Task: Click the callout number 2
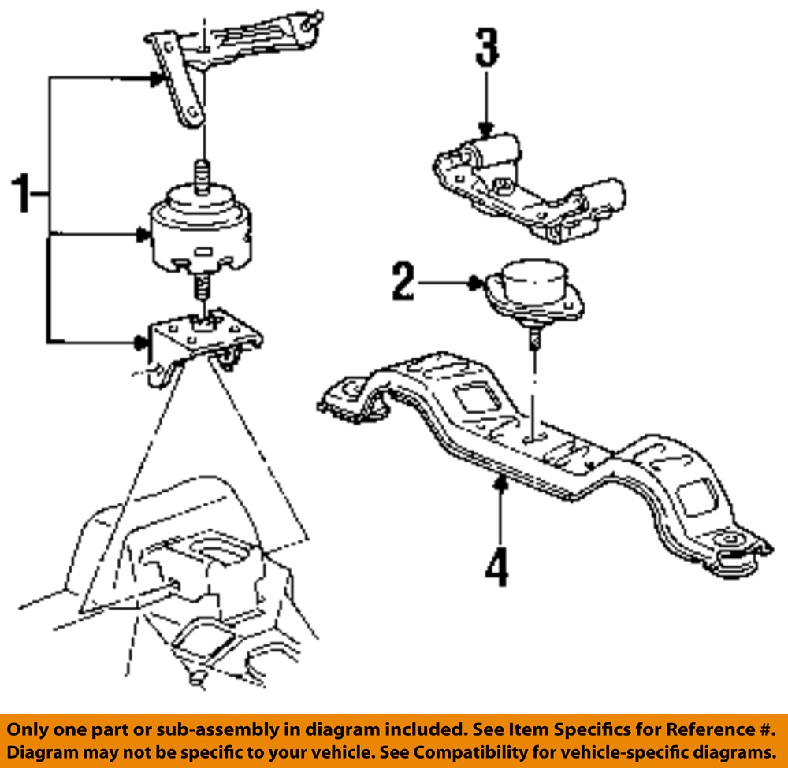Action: (x=403, y=281)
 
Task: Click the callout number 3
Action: (x=486, y=47)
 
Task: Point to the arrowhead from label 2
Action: (x=474, y=282)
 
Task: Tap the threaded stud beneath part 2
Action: (x=534, y=339)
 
